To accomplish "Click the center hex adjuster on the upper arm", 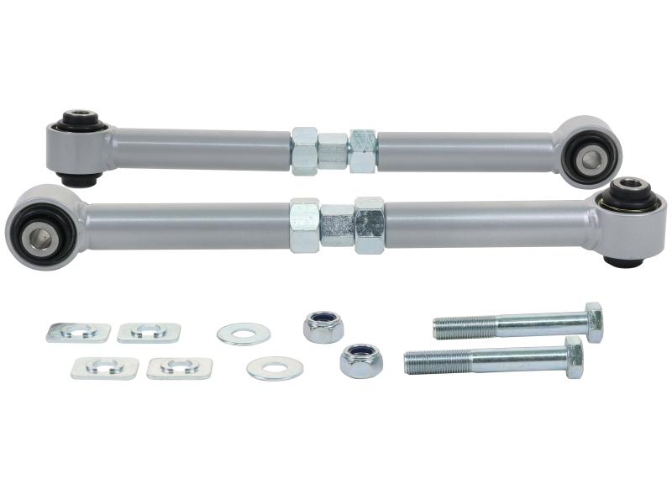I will pos(333,151).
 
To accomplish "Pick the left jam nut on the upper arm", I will pos(304,150).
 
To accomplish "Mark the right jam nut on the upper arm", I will pos(363,151).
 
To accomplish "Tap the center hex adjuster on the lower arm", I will pos(337,225).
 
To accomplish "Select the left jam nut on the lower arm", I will pos(304,225).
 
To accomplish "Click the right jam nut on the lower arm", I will pos(369,224).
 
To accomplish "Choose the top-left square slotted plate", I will pos(78,332).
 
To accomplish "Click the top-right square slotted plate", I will pos(149,332).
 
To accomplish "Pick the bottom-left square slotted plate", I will pos(105,367).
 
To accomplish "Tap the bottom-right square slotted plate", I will pos(179,367).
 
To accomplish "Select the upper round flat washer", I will pos(244,334).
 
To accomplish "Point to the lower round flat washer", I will pos(275,368).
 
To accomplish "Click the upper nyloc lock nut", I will pos(323,327).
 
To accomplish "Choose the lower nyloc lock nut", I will pos(361,361).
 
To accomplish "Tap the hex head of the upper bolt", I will pos(594,322).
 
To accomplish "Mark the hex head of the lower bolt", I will pos(574,357).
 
